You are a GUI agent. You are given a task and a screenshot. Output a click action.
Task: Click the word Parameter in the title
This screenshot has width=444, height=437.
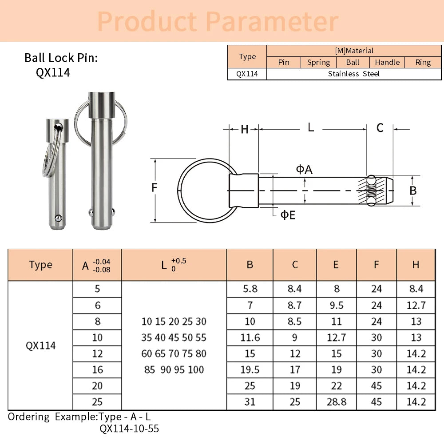(272, 21)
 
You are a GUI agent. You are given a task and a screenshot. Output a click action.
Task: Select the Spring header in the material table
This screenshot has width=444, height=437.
(318, 63)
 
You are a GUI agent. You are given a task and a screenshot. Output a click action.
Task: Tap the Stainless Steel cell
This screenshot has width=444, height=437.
(353, 74)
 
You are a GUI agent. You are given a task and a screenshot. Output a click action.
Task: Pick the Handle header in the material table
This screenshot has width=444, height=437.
(387, 63)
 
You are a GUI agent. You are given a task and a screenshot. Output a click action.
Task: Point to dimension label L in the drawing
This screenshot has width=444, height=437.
(311, 128)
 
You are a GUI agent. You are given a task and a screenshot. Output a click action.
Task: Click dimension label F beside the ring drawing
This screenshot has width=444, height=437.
(154, 188)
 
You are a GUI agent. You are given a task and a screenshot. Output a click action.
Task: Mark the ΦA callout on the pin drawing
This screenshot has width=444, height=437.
(304, 169)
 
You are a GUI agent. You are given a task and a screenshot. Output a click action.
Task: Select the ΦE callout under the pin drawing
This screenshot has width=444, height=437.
(288, 215)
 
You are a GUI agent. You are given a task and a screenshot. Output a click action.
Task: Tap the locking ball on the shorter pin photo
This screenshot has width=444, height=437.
(58, 218)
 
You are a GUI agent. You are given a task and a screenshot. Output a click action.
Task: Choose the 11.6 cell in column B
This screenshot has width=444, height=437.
(250, 338)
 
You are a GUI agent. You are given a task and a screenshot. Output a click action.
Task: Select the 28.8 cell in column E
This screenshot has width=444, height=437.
(336, 402)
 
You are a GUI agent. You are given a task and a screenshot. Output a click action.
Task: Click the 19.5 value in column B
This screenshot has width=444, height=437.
(250, 370)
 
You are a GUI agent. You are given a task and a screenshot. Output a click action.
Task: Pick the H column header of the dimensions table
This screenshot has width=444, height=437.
(416, 265)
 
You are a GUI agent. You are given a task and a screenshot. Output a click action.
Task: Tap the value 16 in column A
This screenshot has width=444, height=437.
(97, 370)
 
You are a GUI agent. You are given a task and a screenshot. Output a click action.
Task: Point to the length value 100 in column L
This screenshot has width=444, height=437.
(195, 369)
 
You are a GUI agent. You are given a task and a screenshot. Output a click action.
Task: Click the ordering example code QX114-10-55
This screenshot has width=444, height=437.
(129, 429)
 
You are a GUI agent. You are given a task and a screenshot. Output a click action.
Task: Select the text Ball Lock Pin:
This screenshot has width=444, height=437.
(61, 58)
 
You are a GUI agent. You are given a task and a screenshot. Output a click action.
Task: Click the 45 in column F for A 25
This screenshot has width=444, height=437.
(376, 402)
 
